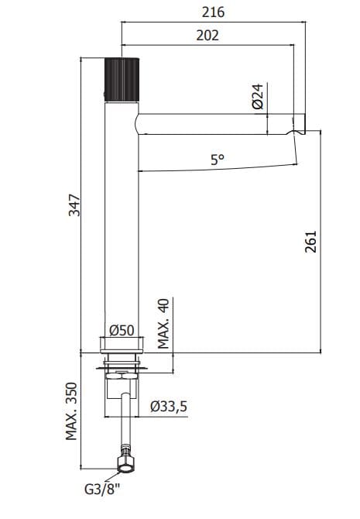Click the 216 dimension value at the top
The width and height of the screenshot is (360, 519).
coord(213,12)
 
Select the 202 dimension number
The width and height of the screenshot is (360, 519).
coord(207,35)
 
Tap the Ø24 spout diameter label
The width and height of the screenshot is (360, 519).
coord(258,96)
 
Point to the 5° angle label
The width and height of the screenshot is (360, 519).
coord(218,160)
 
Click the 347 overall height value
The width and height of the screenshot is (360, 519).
coord(74,205)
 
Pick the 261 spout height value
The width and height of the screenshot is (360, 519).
coord(310,242)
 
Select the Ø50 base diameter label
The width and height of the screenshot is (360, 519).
coord(122,330)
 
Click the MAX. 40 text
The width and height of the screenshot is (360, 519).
coord(163,323)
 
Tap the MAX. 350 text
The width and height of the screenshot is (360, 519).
coord(71,411)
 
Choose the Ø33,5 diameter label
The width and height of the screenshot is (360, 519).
coord(169,406)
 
